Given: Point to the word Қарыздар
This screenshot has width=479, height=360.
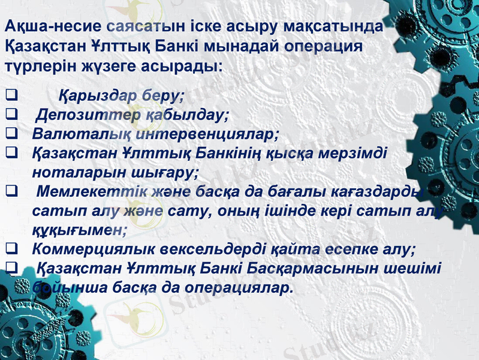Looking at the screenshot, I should [95, 95].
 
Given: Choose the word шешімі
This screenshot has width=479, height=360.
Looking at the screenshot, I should [414, 268].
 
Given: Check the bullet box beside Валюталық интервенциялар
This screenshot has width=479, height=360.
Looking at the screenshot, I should [10, 134].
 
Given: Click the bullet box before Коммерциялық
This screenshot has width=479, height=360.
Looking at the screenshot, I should [10, 249].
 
